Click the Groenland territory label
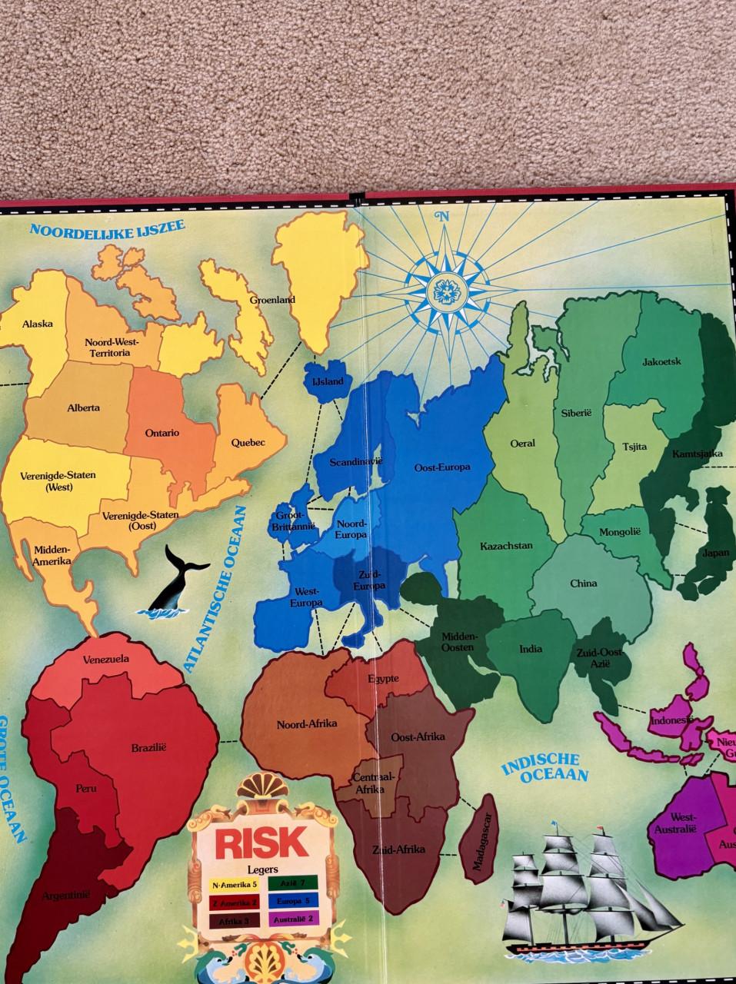[x=272, y=300]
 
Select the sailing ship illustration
[x=584, y=884]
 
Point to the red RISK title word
[x=261, y=843]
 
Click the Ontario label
[x=162, y=433]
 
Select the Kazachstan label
[x=506, y=546]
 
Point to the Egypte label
[x=382, y=678]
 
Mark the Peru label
[x=85, y=788]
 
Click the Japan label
[x=714, y=553]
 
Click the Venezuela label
[x=107, y=659]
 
